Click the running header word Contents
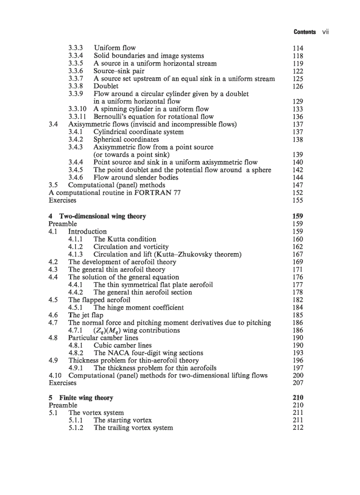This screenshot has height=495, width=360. pyautogui.click(x=304, y=32)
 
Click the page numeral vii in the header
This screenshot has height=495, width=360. pyautogui.click(x=326, y=32)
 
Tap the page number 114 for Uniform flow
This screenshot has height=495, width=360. pyautogui.click(x=298, y=48)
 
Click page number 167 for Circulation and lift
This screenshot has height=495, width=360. pyautogui.click(x=298, y=254)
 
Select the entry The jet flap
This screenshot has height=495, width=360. pyautogui.click(x=86, y=315)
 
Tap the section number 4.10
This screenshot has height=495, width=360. pyautogui.click(x=56, y=376)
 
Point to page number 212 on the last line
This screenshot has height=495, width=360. pyautogui.click(x=298, y=428)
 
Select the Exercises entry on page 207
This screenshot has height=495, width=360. pyautogui.click(x=62, y=383)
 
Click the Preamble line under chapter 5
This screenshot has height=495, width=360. pyautogui.click(x=63, y=405)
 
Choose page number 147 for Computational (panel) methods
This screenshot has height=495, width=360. pyautogui.click(x=298, y=185)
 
